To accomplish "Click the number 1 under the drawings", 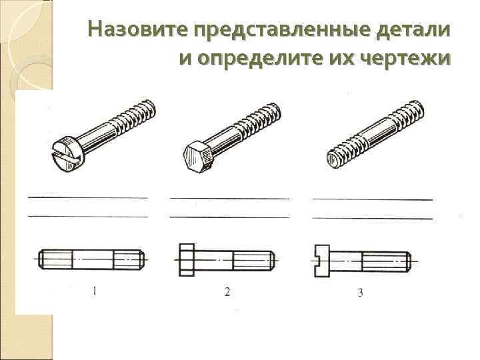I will [95, 290].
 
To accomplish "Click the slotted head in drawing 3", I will [321, 260].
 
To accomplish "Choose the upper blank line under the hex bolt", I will [230, 198].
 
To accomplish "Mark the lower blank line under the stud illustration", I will [373, 218].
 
